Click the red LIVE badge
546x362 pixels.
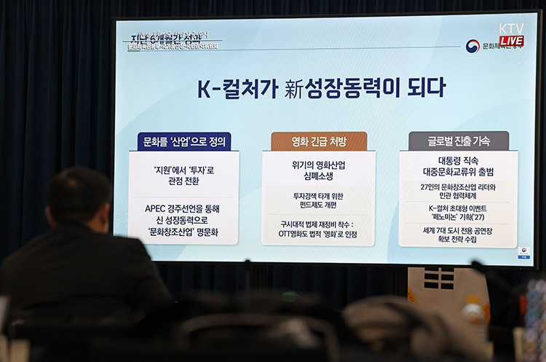point(511,41)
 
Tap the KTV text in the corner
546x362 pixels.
point(511,28)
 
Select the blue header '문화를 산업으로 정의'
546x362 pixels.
point(183,141)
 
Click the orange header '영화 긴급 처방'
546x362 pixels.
point(319,141)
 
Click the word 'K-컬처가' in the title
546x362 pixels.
point(237,88)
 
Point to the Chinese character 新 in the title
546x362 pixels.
point(293,88)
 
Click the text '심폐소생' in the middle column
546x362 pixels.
point(319,177)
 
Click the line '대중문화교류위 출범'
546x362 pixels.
point(459,173)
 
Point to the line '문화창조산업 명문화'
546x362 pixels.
point(183,232)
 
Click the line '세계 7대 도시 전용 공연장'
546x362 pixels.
point(459,229)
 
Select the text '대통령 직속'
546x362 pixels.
point(459,161)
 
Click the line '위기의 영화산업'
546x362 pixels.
point(319,165)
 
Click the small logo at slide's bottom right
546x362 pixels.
point(523,252)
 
